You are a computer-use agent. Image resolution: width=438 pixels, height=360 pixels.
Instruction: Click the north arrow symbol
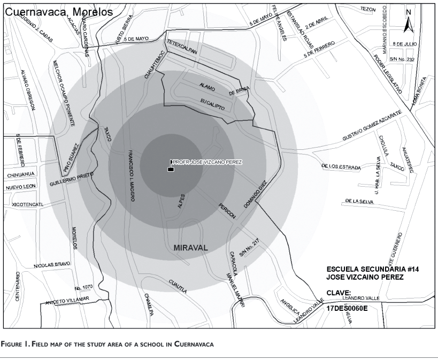[407, 21]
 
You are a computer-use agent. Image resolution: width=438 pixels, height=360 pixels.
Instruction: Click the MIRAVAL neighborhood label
[190, 248]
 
